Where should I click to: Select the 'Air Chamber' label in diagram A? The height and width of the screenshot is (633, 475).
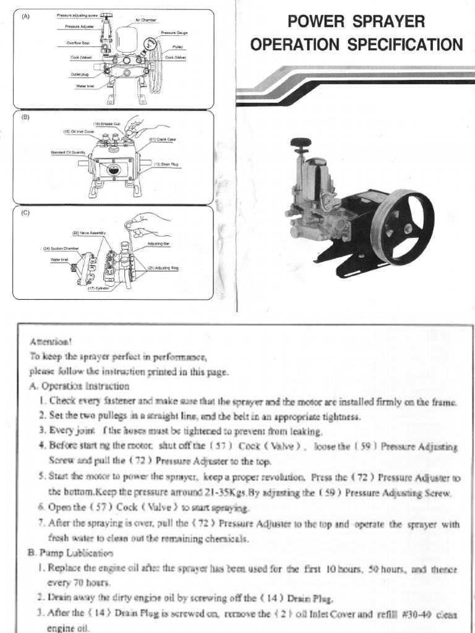click(x=146, y=20)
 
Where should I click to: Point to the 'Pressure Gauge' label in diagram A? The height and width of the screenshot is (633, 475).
click(x=174, y=32)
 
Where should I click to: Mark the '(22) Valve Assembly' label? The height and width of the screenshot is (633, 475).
click(x=90, y=232)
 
